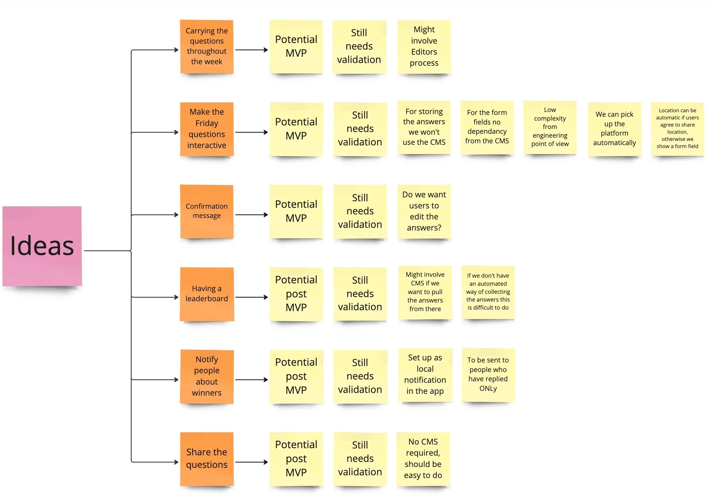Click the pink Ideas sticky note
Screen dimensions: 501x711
coord(42,246)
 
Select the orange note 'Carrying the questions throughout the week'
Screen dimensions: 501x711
coord(207,47)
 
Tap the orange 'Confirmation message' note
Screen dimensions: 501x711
coord(207,211)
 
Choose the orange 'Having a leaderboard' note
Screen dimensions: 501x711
coord(207,294)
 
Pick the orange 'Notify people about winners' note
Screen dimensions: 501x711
coord(207,376)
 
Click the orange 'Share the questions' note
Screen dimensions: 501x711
coord(207,459)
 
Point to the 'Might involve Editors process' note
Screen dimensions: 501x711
coord(424,47)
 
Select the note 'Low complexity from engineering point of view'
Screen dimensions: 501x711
coord(550,127)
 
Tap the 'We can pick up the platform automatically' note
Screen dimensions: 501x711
coord(614,129)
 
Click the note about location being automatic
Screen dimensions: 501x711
coord(677,129)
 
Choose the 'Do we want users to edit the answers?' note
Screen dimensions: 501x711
coord(424,211)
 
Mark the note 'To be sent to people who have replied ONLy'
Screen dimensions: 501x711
coord(488,375)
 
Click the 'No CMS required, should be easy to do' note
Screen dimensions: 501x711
coord(423,459)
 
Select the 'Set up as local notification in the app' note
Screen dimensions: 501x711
coord(425,375)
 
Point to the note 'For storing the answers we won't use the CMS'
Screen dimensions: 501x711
coord(424,127)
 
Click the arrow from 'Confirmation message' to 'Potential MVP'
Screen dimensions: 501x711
coord(251,215)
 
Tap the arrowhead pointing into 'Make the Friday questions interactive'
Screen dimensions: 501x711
coord(176,132)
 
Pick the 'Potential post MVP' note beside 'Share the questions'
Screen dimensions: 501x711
coord(296,459)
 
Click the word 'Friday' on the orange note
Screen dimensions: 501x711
coord(207,123)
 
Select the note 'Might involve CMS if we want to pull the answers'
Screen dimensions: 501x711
coord(425,292)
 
